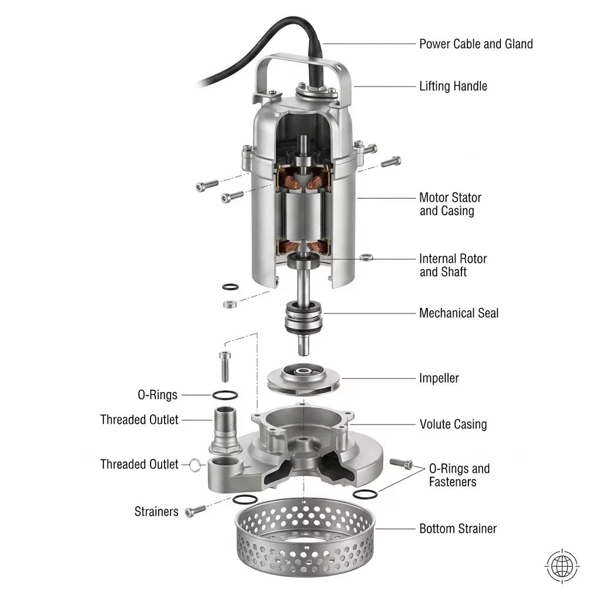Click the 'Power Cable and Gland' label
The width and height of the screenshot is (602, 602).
pyautogui.click(x=476, y=44)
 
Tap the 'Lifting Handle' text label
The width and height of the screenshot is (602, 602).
pyautogui.click(x=453, y=86)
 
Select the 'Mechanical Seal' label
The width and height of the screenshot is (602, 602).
pyautogui.click(x=459, y=313)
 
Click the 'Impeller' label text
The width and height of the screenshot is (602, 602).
pyautogui.click(x=439, y=378)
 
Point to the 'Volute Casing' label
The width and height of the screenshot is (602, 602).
pyautogui.click(x=453, y=424)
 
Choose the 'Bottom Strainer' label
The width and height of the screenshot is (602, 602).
pyautogui.click(x=457, y=529)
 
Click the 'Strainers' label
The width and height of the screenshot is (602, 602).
pyautogui.click(x=156, y=511)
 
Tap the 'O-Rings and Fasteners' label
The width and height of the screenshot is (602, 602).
pyautogui.click(x=459, y=475)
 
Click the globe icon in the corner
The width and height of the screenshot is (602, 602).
pyautogui.click(x=561, y=566)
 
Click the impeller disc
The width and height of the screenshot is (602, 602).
pyautogui.click(x=304, y=379)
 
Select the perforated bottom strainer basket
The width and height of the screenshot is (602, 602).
pyautogui.click(x=304, y=537)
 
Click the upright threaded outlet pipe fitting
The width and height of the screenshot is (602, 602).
pyautogui.click(x=225, y=430)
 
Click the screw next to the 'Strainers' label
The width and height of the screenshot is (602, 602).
pyautogui.click(x=195, y=511)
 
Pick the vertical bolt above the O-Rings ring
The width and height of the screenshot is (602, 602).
pyautogui.click(x=225, y=367)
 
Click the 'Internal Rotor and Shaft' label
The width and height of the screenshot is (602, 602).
pyautogui.click(x=453, y=265)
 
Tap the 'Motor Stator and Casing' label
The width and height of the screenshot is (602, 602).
pyautogui.click(x=450, y=204)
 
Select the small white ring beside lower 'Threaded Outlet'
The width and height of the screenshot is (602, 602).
pyautogui.click(x=195, y=465)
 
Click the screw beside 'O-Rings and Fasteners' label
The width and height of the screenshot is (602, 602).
pyautogui.click(x=401, y=463)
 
